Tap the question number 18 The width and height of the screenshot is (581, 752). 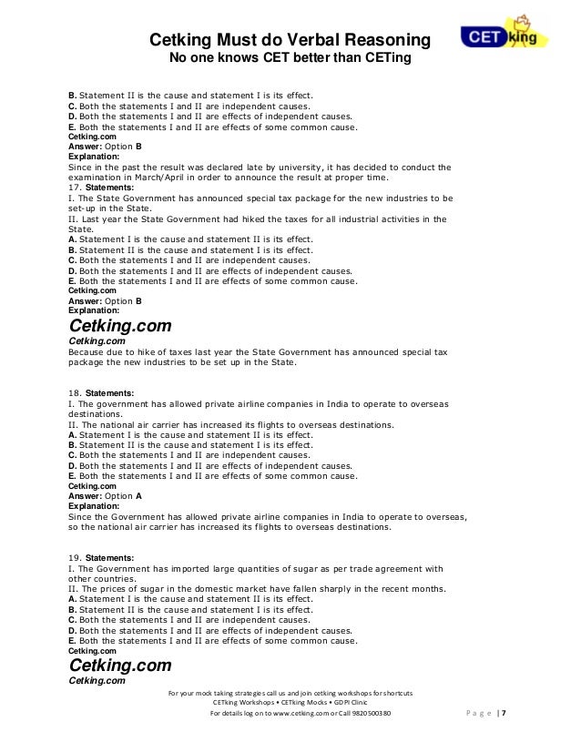75,392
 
